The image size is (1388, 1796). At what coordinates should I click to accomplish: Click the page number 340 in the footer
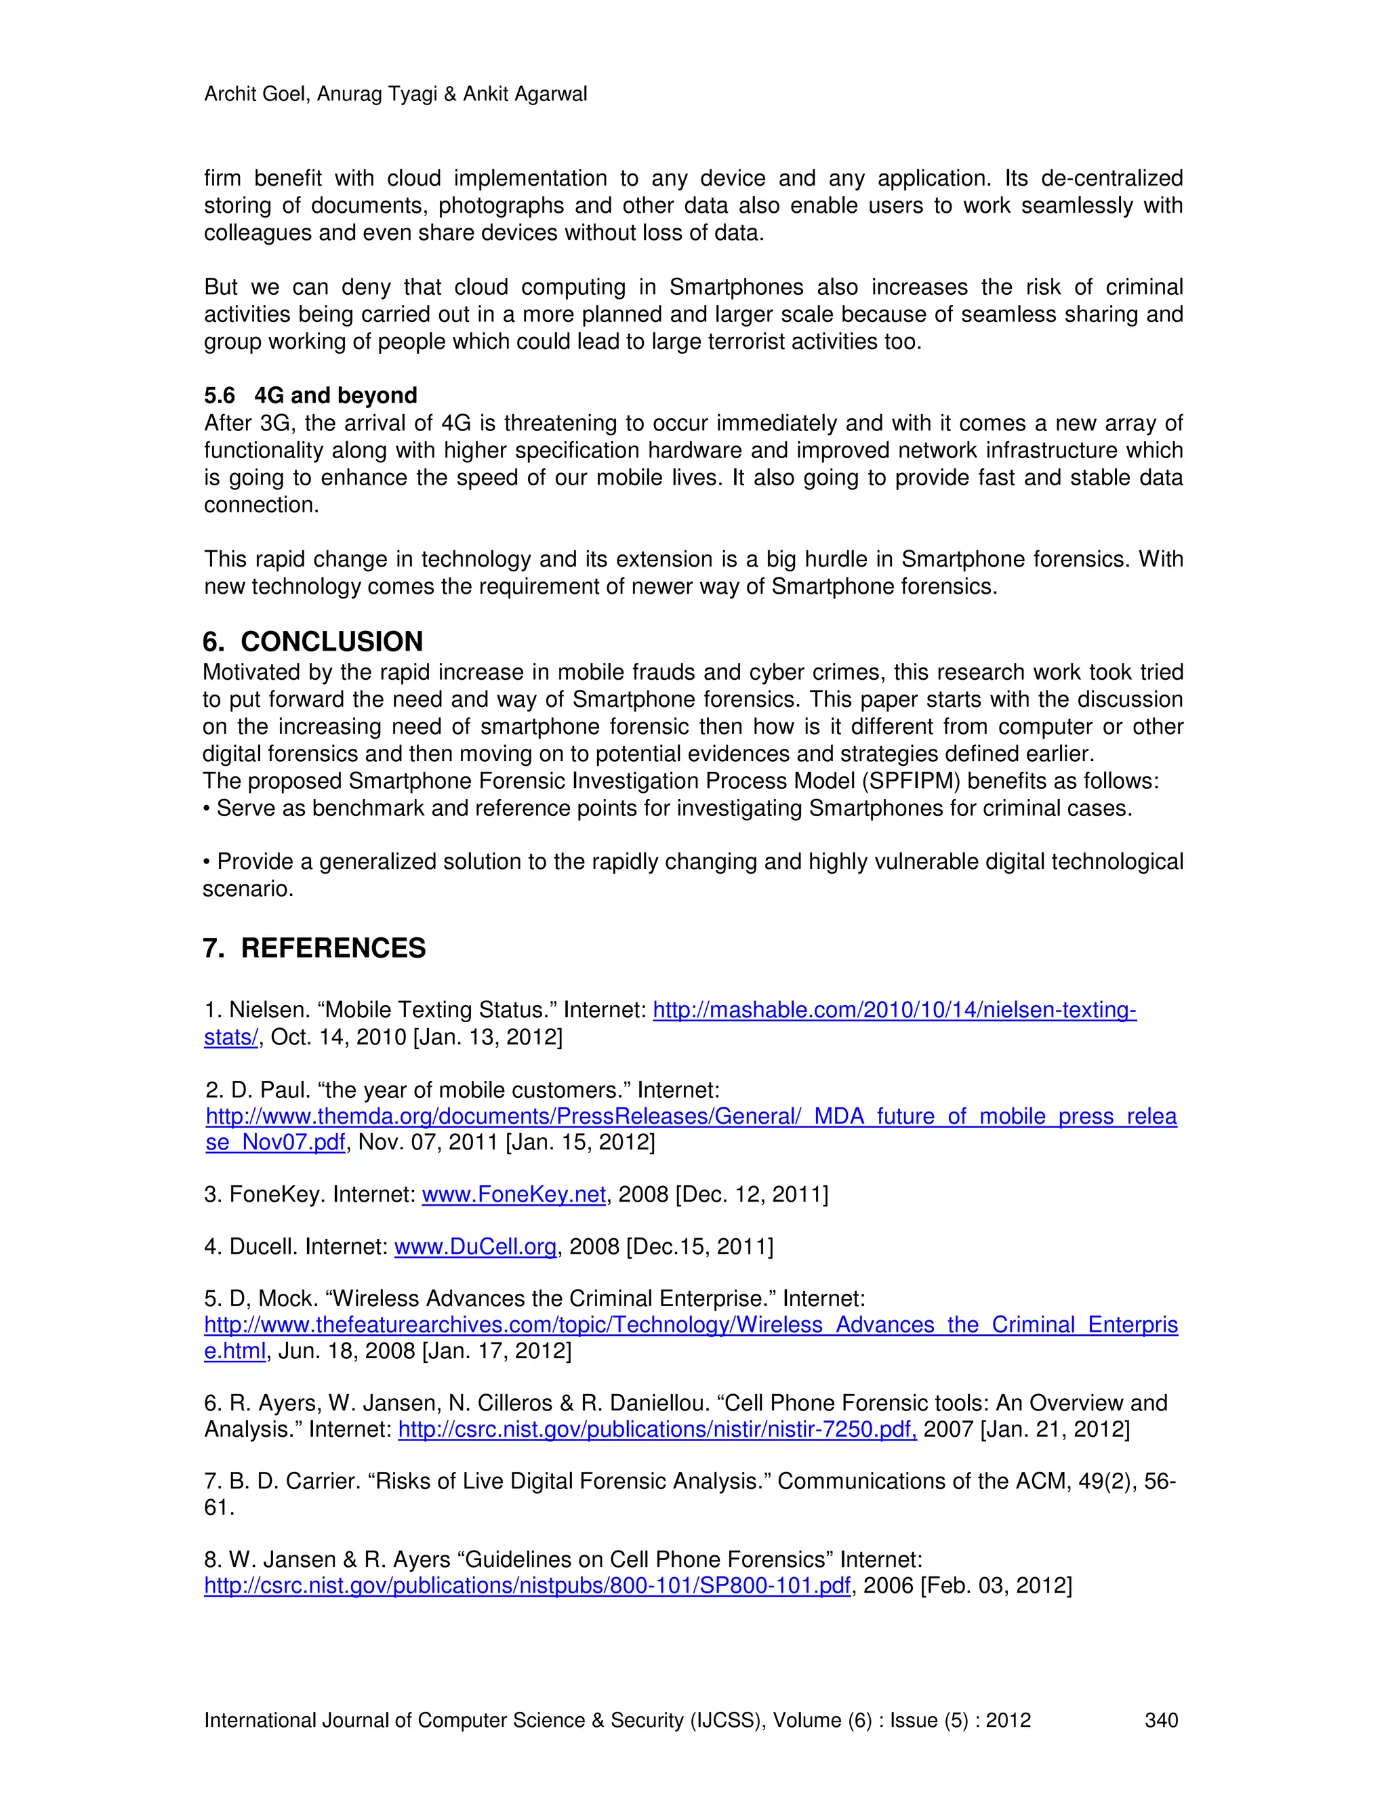point(1161,1720)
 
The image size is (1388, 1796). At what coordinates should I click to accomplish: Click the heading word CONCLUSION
point(331,641)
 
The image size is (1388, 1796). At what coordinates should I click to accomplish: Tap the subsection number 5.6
point(219,396)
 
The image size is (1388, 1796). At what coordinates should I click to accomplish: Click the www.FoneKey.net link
point(514,1194)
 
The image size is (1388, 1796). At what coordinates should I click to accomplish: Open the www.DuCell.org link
point(475,1246)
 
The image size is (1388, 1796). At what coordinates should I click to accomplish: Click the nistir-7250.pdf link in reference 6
point(657,1429)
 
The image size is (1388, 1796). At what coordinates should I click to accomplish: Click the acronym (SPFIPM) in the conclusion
point(911,781)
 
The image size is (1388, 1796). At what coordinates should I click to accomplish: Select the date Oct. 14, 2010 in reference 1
point(338,1037)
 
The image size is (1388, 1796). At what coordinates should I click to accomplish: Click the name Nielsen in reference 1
point(266,1010)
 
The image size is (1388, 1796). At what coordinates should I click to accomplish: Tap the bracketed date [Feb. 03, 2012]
point(996,1585)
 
